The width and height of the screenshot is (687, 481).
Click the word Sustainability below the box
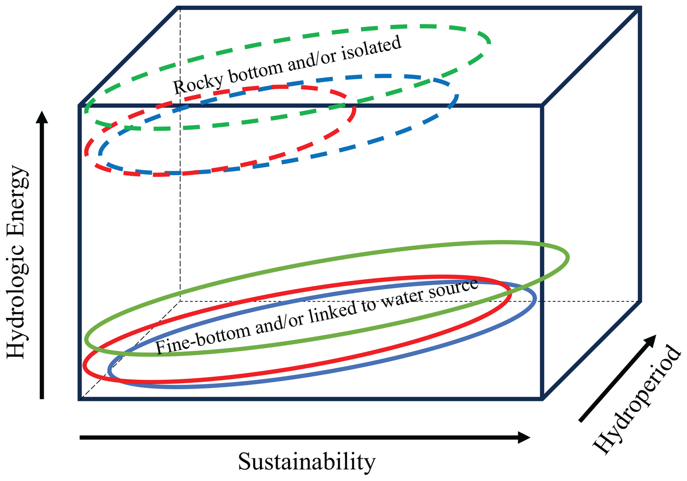tap(306, 462)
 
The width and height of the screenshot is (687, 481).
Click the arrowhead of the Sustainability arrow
tap(524, 437)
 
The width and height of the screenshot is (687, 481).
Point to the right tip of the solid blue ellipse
tap(535, 299)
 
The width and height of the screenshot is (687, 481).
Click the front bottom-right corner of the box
tap(542, 399)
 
